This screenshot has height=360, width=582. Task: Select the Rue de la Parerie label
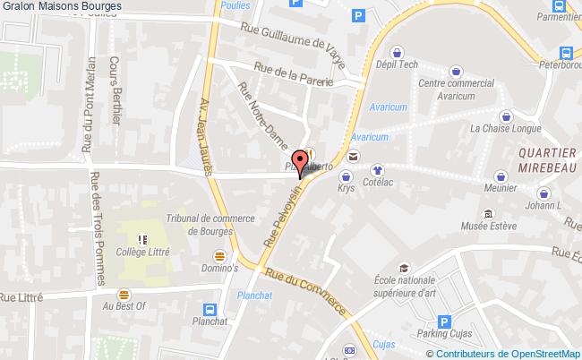click(293, 76)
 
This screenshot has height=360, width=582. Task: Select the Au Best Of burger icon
click(124, 293)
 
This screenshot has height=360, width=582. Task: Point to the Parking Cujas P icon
click(442, 323)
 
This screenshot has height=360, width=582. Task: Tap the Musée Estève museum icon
click(488, 215)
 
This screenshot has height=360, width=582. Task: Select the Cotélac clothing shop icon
click(377, 167)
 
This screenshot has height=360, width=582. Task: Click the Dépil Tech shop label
click(398, 64)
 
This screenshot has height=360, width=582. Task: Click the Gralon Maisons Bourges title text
click(62, 8)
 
